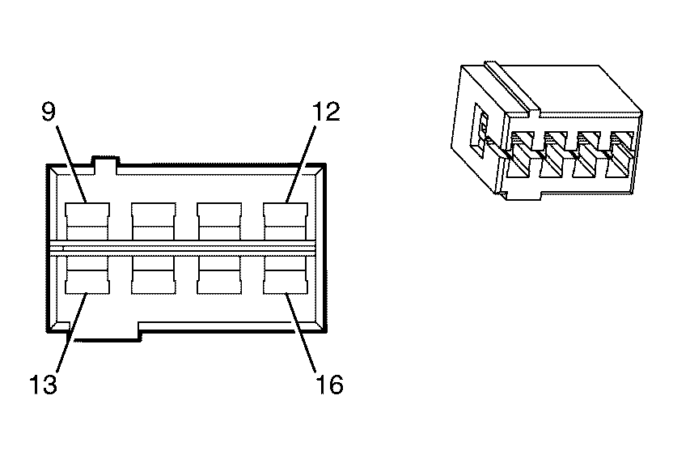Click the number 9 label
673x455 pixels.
click(x=49, y=112)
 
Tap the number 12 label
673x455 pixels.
click(x=326, y=112)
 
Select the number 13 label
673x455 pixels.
click(x=43, y=384)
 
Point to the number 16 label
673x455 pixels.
click(x=329, y=384)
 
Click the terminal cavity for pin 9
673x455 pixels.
click(x=87, y=221)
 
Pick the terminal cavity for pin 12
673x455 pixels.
click(x=286, y=221)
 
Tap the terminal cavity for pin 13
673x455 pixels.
click(x=87, y=275)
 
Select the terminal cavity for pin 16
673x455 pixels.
click(x=286, y=275)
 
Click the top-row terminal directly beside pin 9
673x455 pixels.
click(x=153, y=221)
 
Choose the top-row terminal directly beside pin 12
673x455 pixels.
click(x=219, y=221)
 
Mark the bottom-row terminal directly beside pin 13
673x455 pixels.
click(x=153, y=275)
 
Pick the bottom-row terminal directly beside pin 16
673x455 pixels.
click(x=219, y=275)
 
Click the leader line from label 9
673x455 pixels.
click(x=72, y=164)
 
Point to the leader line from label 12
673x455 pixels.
click(x=301, y=164)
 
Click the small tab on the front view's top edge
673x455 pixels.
click(x=104, y=163)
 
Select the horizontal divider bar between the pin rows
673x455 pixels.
click(x=184, y=249)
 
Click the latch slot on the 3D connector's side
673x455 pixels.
click(x=480, y=127)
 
